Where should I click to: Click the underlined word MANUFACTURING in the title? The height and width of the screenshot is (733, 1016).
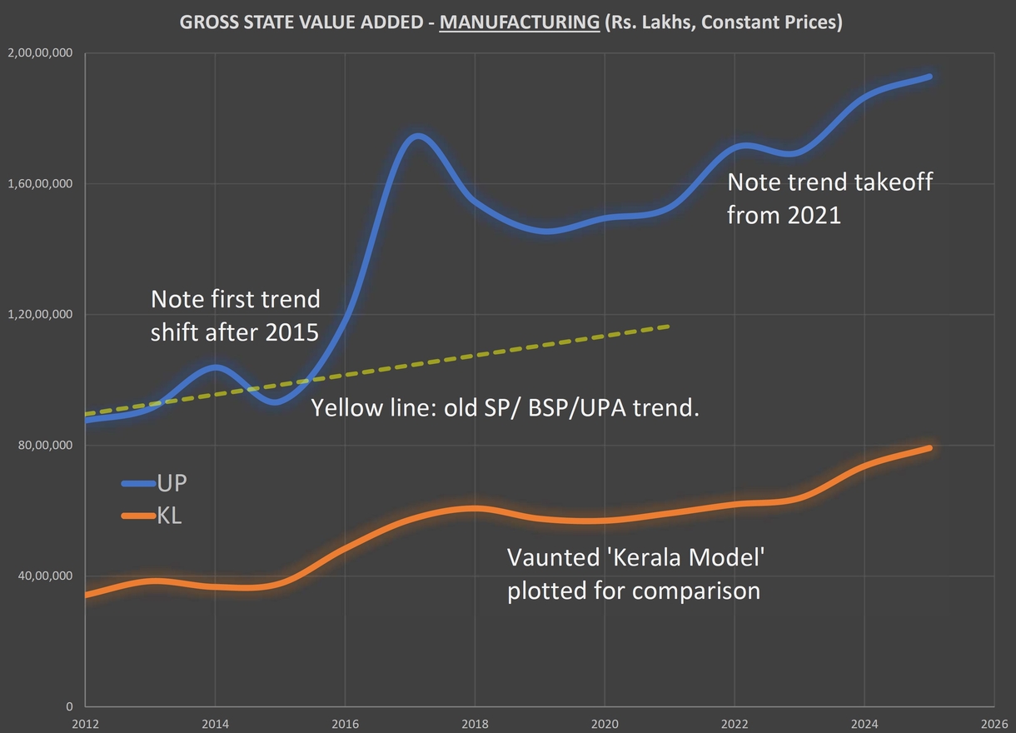(x=519, y=22)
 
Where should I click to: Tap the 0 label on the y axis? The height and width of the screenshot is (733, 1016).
(x=70, y=707)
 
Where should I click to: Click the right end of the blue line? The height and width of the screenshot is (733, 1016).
(x=929, y=77)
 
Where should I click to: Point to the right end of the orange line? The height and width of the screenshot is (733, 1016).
(x=929, y=448)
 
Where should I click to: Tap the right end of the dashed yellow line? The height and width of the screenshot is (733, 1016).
(x=669, y=327)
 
